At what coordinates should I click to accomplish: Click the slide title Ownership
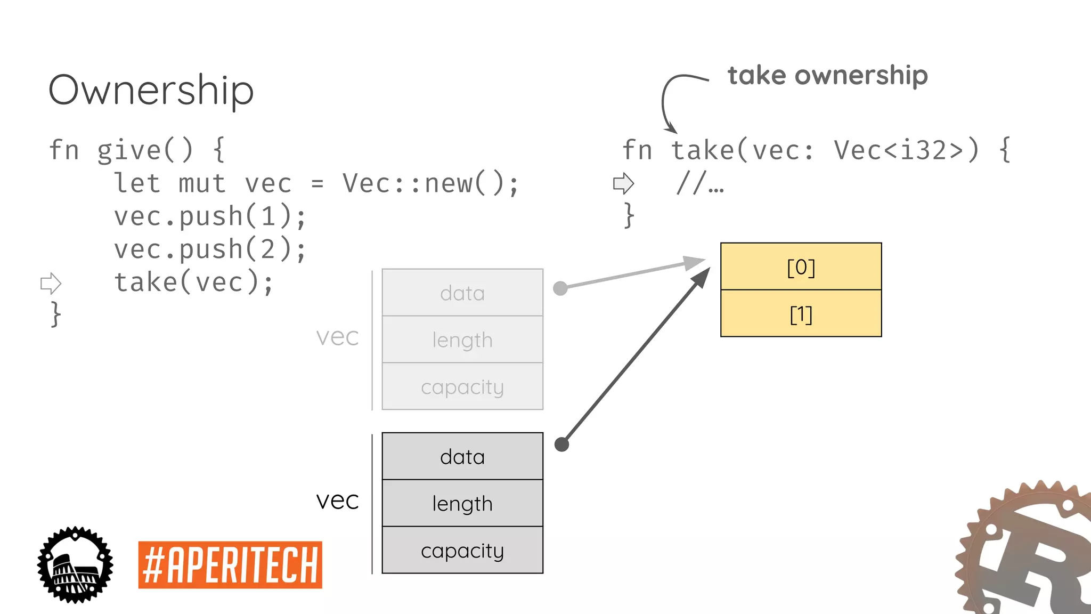151,91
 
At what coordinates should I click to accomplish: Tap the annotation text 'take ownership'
827,75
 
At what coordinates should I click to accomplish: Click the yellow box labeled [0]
801,266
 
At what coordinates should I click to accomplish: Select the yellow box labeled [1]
801,314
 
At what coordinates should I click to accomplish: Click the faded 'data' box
462,293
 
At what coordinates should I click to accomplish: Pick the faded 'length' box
462,340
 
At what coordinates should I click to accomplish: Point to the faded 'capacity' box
462,386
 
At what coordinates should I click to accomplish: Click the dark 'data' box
462,456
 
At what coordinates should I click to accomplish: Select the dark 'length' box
462,503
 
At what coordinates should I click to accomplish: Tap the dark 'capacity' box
462,550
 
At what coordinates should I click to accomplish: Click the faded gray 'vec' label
337,337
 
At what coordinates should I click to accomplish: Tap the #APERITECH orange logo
230,565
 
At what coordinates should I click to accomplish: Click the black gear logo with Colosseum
75,565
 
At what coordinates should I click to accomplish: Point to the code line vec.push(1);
210,216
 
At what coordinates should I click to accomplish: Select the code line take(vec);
194,282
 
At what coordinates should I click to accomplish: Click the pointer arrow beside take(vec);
51,283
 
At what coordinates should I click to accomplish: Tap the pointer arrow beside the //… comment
623,183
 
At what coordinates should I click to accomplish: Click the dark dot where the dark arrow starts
561,444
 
